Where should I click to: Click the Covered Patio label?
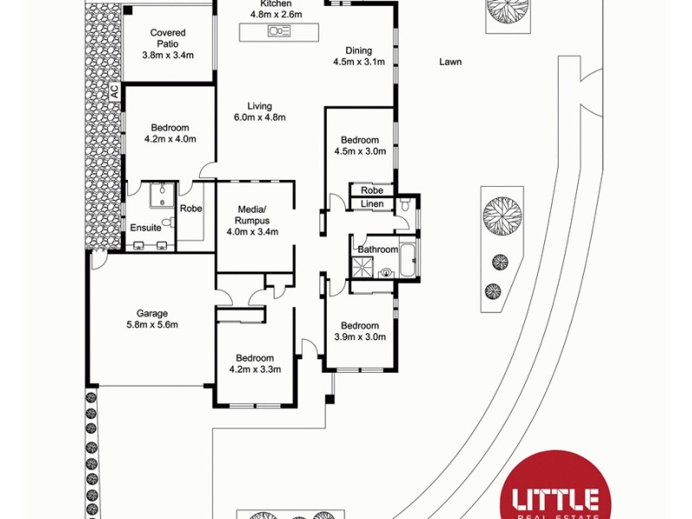(x=168, y=38)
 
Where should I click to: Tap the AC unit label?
(x=112, y=90)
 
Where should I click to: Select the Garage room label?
(x=151, y=314)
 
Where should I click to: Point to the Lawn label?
(x=450, y=61)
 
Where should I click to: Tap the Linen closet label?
(x=371, y=204)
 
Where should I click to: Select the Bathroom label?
(x=378, y=250)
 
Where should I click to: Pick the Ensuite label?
(x=145, y=227)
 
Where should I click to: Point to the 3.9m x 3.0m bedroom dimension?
(x=360, y=337)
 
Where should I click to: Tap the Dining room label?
(x=358, y=50)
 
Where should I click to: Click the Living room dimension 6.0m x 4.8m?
(x=259, y=118)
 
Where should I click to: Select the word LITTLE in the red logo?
(x=556, y=500)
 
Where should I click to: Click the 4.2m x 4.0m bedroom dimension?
(x=168, y=139)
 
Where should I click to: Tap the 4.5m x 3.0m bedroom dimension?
(x=359, y=151)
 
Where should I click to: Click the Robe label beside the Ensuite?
(x=190, y=208)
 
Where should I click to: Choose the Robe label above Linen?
(x=372, y=190)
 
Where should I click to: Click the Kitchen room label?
(x=264, y=4)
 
